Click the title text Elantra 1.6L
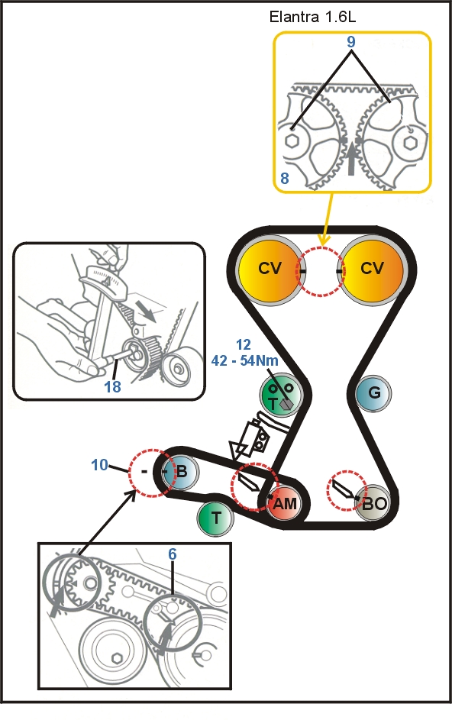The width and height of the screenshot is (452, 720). [312, 17]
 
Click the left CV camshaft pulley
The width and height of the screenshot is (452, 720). [270, 269]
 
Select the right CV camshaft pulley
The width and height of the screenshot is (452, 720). [373, 269]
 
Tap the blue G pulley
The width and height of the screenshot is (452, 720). [373, 393]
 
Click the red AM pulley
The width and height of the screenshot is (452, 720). [284, 503]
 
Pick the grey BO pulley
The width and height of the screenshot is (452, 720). [373, 503]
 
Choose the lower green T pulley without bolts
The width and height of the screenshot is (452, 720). [215, 518]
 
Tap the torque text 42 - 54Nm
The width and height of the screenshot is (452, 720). [245, 360]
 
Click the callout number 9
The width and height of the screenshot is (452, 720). [351, 42]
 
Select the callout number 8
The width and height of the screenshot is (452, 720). [285, 178]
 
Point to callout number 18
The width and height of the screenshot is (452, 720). [112, 386]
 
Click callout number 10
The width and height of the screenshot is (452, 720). [100, 465]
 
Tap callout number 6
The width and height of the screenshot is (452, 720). [173, 554]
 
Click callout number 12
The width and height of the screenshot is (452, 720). [244, 344]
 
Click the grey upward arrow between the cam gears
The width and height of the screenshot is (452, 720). [351, 158]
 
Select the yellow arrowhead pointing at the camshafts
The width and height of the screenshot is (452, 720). [324, 240]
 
